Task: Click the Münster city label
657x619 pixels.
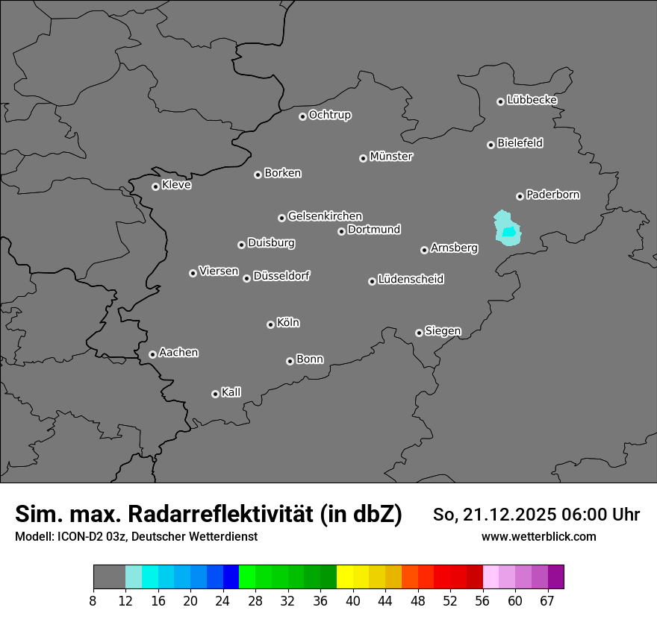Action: click(391, 157)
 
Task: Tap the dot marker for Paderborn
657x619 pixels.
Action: click(520, 196)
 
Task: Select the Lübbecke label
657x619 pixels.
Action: click(532, 100)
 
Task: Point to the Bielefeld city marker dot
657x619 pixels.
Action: click(491, 145)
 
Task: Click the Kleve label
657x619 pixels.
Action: click(176, 185)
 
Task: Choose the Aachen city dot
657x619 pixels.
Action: click(152, 354)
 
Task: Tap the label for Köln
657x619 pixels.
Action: click(288, 323)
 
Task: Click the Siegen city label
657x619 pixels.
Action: click(443, 331)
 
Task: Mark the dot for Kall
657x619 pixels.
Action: click(215, 394)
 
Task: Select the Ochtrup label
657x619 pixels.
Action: click(330, 115)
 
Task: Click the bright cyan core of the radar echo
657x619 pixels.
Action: click(509, 232)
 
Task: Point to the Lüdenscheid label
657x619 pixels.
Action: click(411, 280)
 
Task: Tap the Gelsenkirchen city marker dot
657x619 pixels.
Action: click(281, 218)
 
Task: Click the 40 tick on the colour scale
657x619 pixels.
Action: click(353, 600)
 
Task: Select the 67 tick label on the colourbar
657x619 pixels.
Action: click(547, 600)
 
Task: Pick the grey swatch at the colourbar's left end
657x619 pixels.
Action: click(109, 577)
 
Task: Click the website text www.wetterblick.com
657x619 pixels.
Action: click(539, 537)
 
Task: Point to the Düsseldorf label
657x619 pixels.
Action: click(281, 277)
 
